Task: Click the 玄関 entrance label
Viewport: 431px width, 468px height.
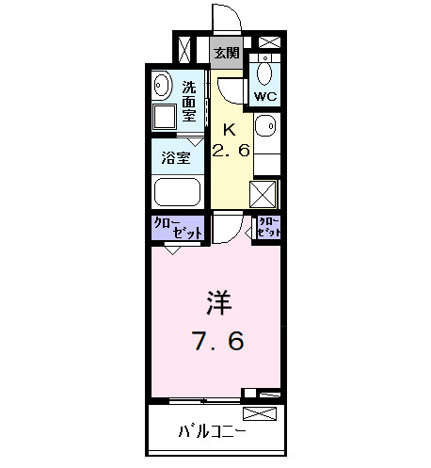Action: [x=226, y=53]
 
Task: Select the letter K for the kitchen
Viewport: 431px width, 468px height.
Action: [x=229, y=130]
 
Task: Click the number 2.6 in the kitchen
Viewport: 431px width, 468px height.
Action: [x=231, y=151]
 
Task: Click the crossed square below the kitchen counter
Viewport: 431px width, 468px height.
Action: [x=263, y=193]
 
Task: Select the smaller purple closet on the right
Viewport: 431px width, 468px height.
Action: [x=270, y=227]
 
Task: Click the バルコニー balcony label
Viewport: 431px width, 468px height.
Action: [x=212, y=434]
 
